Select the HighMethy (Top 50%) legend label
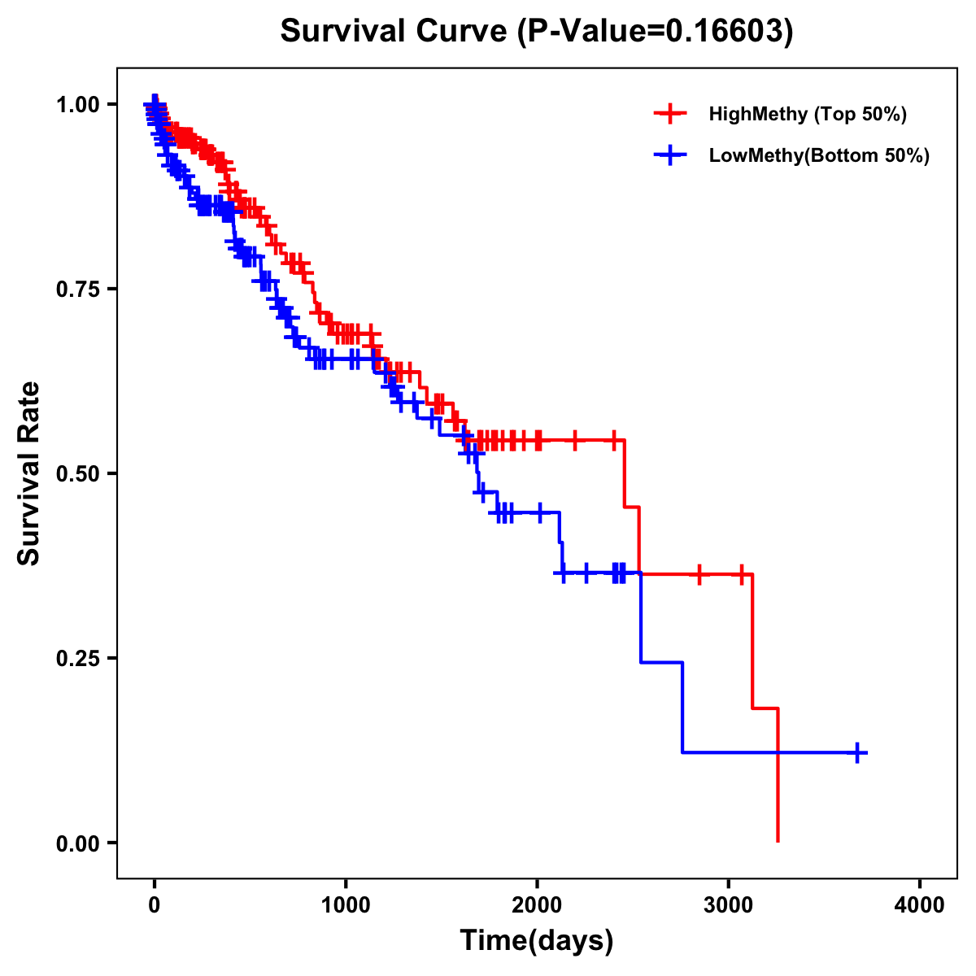click(x=808, y=114)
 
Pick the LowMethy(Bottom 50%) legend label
click(x=819, y=155)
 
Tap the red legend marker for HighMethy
click(x=669, y=114)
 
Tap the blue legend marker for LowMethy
click(x=669, y=155)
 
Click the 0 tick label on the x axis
click(x=155, y=906)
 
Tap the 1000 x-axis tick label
click(x=346, y=906)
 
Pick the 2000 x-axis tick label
click(x=537, y=906)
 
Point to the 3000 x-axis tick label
click(x=729, y=906)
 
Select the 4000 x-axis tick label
click(x=920, y=906)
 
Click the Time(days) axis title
click(x=537, y=941)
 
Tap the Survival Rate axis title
click(x=29, y=473)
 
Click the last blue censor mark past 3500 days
click(x=857, y=752)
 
